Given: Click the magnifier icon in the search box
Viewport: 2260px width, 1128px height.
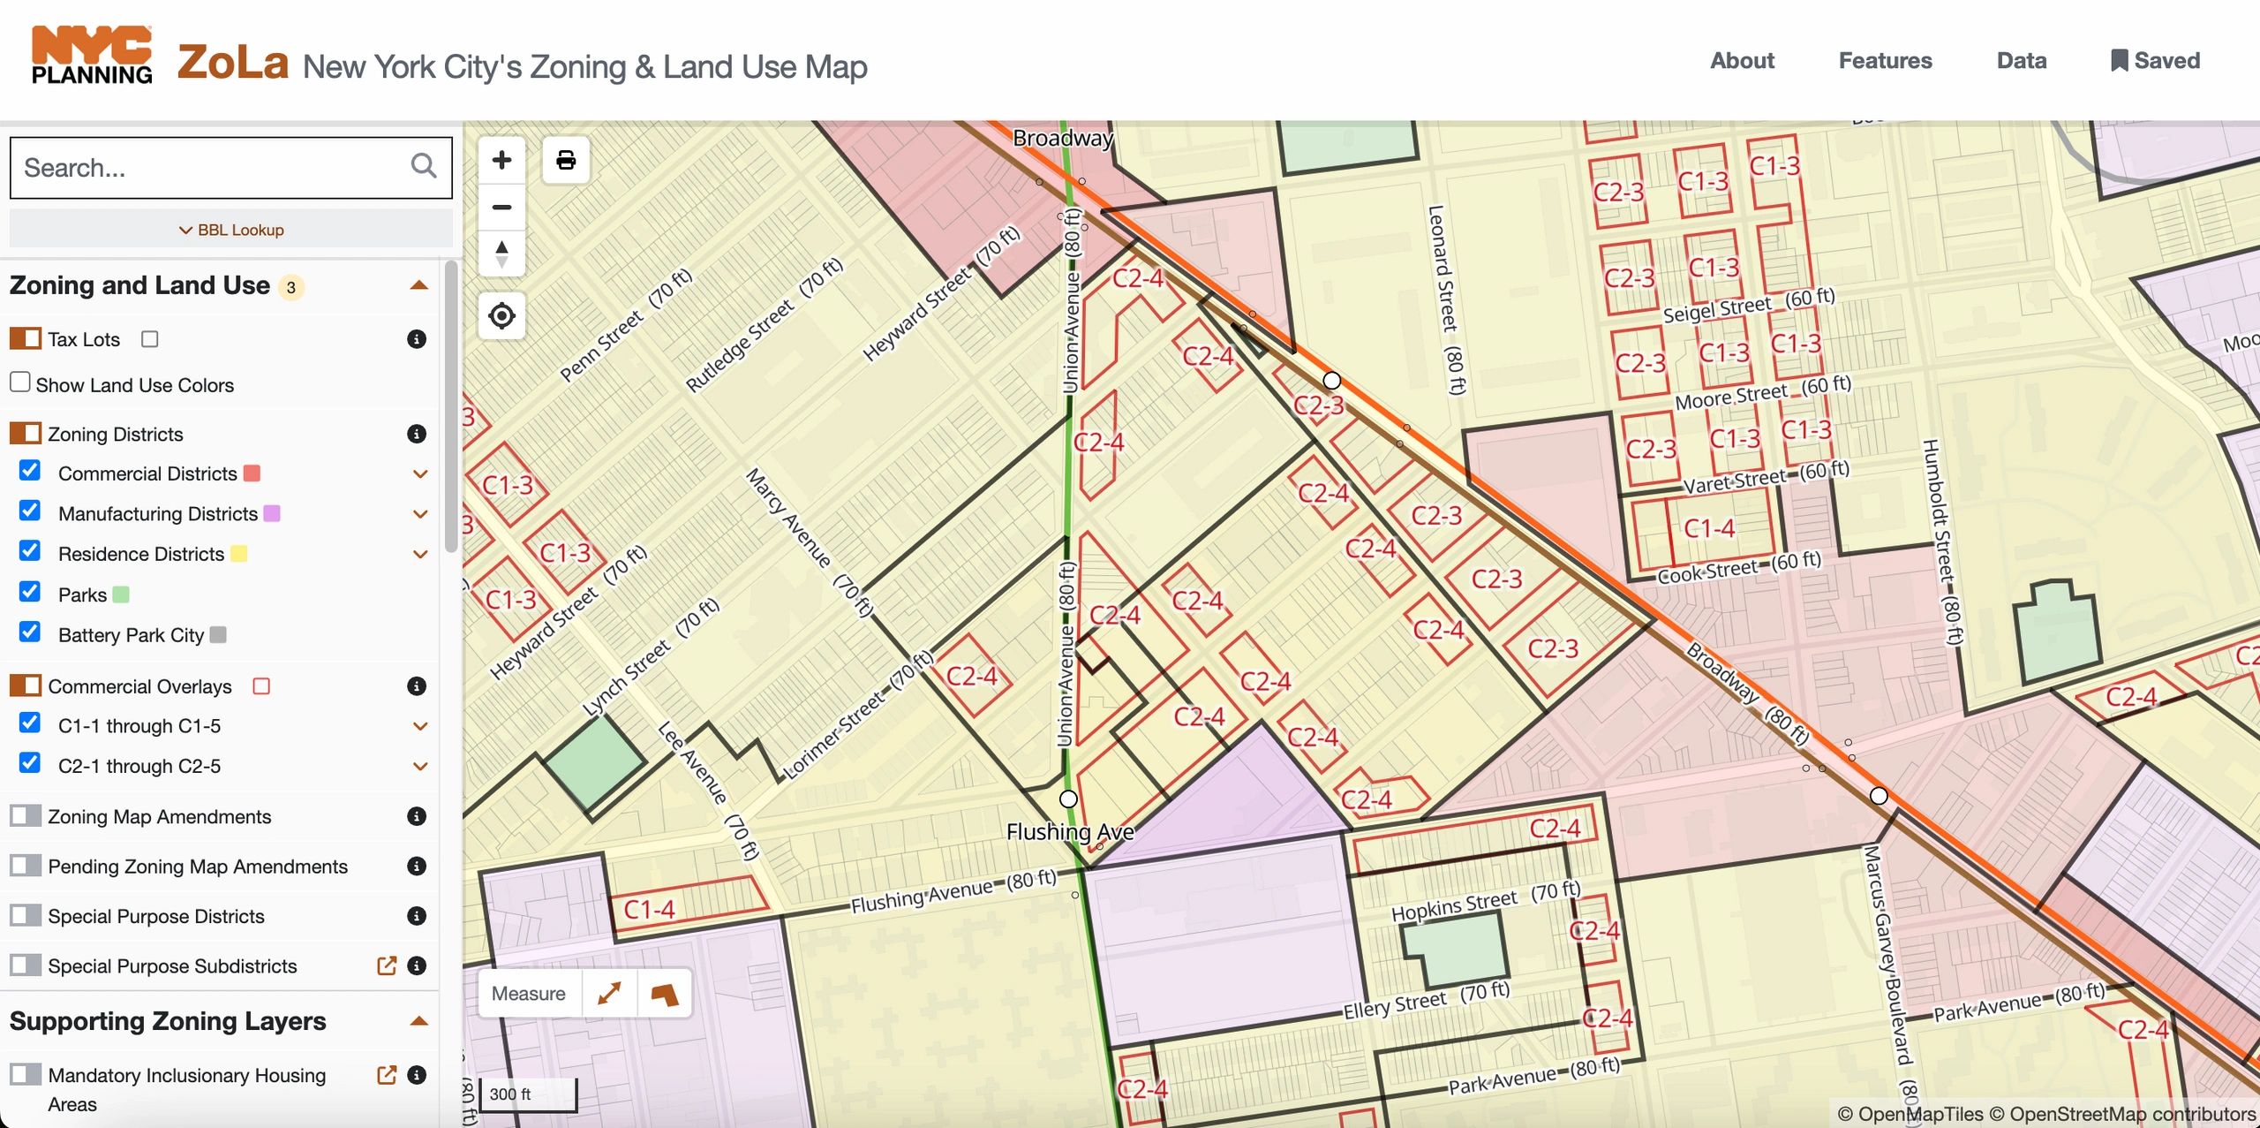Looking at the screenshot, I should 423,166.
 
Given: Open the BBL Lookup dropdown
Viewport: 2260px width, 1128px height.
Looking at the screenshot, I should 231,230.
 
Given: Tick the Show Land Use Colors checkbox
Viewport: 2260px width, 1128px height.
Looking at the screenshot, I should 20,382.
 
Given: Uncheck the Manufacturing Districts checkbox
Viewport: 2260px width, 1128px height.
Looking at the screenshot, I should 30,511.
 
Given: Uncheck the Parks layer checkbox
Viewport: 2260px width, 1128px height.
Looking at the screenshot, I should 30,592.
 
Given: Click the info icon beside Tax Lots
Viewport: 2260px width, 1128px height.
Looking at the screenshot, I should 417,339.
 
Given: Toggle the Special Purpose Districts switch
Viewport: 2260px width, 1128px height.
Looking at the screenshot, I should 26,915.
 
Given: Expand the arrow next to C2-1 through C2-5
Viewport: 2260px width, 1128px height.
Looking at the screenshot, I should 420,766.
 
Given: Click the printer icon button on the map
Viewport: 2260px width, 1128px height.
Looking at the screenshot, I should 566,160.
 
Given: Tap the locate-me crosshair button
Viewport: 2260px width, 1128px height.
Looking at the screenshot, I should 501,315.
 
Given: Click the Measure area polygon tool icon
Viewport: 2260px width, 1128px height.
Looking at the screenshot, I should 664,995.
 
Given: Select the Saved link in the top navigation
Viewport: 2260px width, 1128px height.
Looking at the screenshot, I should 2154,60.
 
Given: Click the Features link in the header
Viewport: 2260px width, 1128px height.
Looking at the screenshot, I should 1885,60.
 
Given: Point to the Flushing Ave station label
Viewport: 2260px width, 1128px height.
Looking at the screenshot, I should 1070,832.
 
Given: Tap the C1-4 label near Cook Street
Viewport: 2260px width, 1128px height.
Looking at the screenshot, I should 1709,528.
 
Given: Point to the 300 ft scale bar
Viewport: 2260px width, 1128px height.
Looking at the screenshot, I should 528,1095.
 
